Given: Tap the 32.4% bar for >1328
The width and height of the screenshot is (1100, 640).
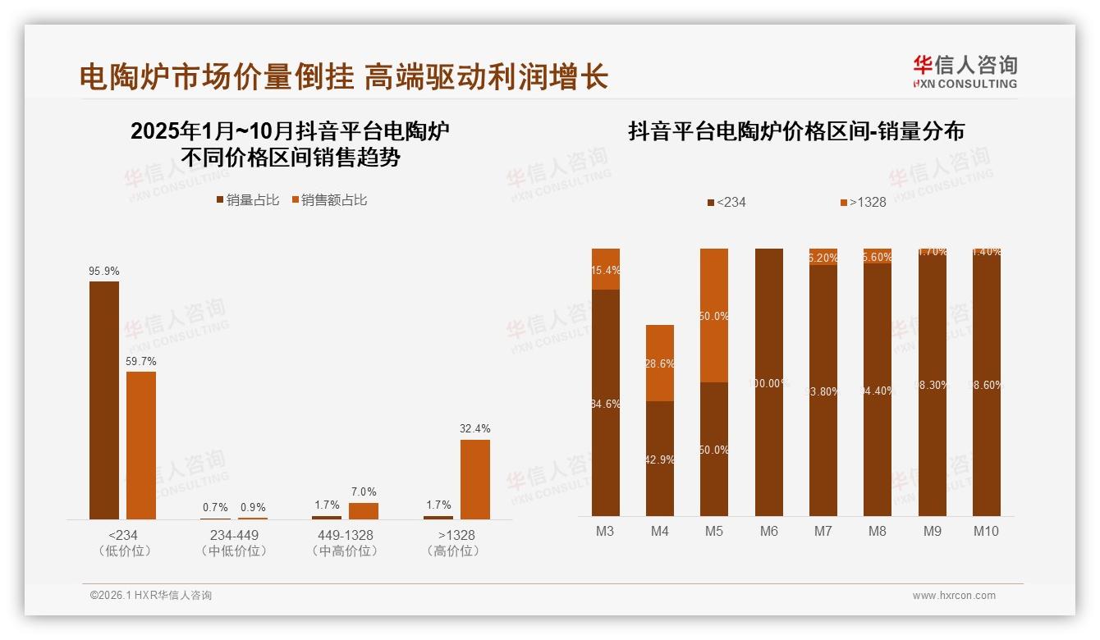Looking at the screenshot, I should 474,479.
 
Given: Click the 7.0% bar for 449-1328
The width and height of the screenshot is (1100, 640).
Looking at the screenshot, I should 363,510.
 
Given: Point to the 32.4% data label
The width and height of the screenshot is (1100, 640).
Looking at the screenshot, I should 475,428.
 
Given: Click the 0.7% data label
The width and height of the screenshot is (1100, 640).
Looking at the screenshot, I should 216,507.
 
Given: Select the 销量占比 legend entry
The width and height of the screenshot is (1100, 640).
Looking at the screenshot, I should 248,200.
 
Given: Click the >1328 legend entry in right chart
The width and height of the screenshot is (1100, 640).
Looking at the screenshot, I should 863,202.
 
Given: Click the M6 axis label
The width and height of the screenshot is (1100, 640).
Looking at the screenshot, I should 768,531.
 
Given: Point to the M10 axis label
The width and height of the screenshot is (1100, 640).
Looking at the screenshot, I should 986,531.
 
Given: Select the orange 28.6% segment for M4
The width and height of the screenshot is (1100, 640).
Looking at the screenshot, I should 660,363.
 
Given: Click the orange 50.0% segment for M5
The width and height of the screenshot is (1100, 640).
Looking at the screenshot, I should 714,315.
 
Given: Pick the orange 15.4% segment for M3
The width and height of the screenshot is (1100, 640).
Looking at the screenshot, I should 606,269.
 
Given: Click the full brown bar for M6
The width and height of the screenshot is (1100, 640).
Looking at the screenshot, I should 768,382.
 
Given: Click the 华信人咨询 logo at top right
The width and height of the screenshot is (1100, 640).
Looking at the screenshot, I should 965,71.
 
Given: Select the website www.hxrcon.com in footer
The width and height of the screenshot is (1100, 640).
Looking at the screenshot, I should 954,596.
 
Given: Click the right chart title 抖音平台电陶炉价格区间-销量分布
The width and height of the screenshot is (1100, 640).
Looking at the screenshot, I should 795,131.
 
